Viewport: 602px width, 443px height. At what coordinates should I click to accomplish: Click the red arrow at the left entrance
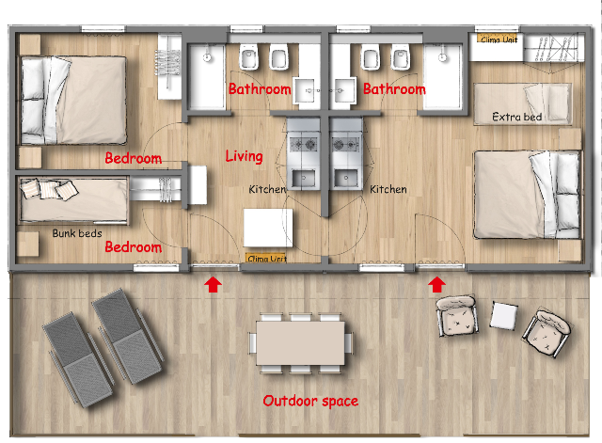(213, 285)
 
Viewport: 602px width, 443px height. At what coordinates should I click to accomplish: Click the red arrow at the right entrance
(436, 285)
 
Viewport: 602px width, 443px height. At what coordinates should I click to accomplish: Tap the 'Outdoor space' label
(310, 402)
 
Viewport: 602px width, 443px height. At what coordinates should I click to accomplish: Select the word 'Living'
(244, 156)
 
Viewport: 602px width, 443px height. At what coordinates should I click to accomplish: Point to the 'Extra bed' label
(516, 117)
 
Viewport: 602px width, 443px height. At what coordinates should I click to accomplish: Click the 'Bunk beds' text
(77, 233)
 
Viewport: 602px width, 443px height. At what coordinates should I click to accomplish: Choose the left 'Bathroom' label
(260, 89)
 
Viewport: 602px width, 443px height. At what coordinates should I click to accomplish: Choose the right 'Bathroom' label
(394, 89)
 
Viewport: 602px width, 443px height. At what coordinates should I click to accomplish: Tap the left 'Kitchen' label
(267, 189)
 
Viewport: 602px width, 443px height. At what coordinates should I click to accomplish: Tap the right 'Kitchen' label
(388, 189)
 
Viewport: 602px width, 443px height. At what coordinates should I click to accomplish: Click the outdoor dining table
(301, 343)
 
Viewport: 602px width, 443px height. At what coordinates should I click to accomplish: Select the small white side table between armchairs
(503, 315)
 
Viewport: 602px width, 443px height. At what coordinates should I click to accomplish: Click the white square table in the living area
(268, 228)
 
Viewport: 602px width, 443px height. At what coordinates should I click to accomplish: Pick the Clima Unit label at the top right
(499, 40)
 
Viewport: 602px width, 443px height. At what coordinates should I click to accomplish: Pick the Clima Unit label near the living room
(266, 258)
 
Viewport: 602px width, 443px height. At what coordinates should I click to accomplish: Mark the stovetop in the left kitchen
(304, 145)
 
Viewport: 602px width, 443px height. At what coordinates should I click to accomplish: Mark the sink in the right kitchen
(346, 178)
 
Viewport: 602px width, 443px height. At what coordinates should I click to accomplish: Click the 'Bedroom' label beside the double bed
(134, 158)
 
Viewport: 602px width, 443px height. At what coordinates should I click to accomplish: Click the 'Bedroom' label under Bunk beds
(134, 247)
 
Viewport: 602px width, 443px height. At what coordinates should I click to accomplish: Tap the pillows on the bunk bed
(50, 189)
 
